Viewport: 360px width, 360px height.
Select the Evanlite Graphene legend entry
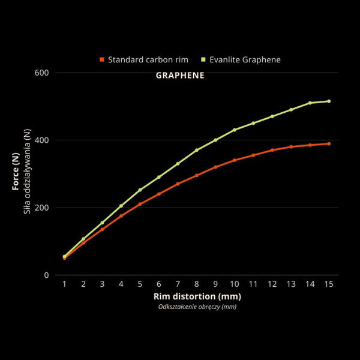pos(245,60)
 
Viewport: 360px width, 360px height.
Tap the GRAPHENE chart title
pos(180,76)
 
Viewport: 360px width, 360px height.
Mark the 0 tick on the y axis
pos(46,275)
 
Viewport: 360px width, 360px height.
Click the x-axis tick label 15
pos(329,283)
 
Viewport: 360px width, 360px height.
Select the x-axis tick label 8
pos(197,283)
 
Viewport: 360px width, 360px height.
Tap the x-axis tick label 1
pos(64,283)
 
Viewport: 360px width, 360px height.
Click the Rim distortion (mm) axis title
pos(197,296)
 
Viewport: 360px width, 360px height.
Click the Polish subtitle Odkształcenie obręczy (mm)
pos(197,307)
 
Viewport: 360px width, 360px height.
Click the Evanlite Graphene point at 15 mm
pos(329,101)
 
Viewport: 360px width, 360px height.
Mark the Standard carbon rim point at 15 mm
pos(329,143)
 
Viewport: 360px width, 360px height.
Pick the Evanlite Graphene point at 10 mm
pos(235,130)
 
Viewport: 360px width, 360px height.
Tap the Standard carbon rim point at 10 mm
pos(235,160)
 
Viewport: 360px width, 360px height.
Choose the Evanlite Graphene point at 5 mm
pos(140,190)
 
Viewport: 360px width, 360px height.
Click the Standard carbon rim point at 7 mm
pos(178,184)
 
